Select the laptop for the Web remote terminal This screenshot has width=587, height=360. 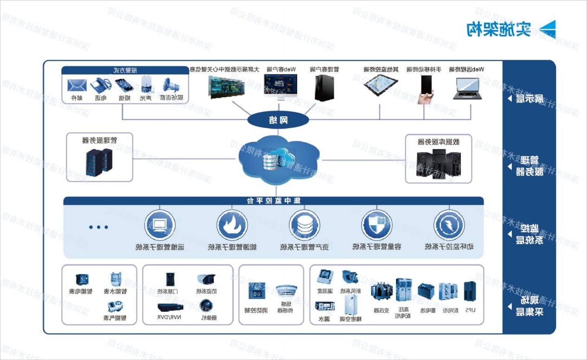click(x=467, y=88)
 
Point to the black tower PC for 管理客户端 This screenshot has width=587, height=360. click(x=324, y=88)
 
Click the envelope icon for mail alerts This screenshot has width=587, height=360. click(x=77, y=85)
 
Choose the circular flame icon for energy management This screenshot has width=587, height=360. click(x=232, y=225)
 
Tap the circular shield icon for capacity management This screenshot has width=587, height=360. click(x=376, y=225)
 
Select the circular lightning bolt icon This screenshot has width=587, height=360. click(x=449, y=225)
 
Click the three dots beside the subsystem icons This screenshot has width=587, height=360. click(x=98, y=227)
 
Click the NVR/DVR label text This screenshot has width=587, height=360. click(x=171, y=318)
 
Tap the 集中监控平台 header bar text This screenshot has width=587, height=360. click(x=274, y=201)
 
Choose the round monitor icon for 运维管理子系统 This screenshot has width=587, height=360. click(x=160, y=225)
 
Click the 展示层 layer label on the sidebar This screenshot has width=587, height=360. click(x=530, y=99)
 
